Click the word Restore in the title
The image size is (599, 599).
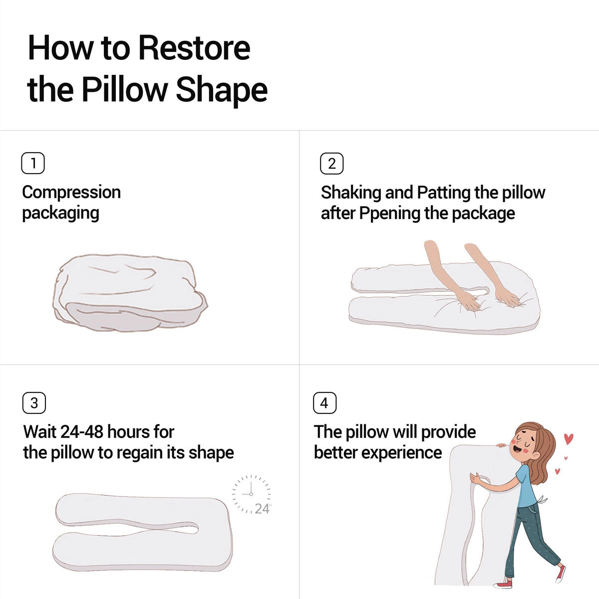tap(194, 48)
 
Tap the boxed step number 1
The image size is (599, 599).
tap(33, 163)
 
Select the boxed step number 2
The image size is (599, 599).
tap(331, 164)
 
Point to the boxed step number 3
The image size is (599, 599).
tap(34, 403)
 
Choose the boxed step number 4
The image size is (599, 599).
tap(324, 403)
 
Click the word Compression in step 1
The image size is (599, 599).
tap(71, 192)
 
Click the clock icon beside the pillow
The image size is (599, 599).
tap(251, 494)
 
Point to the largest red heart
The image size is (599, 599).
tap(569, 439)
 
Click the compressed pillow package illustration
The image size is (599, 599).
tap(130, 293)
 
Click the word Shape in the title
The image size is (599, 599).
tap(222, 91)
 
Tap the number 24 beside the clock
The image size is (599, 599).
tap(262, 509)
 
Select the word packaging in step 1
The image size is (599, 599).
tap(61, 214)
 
